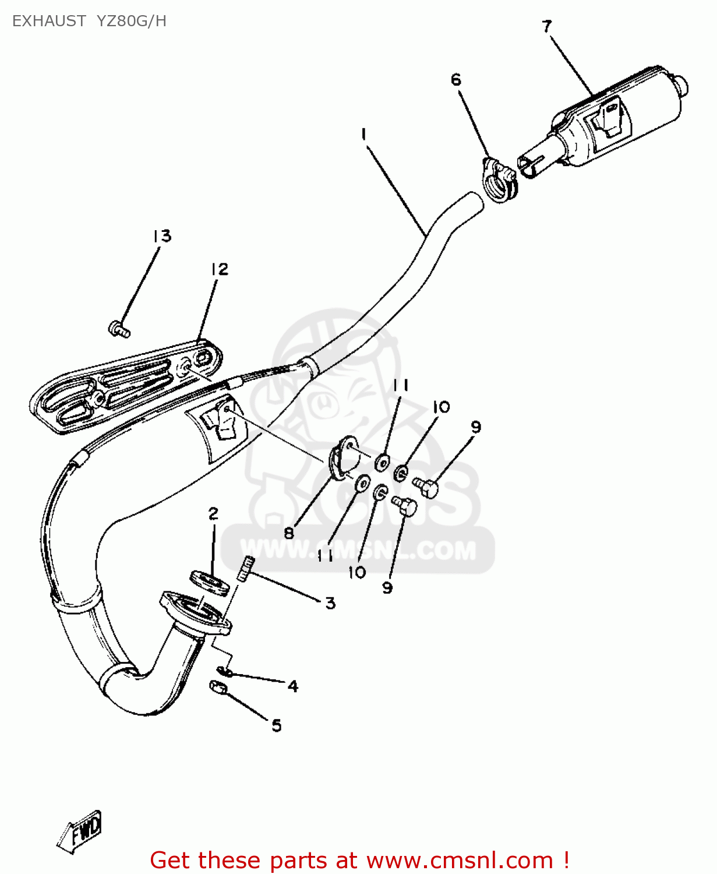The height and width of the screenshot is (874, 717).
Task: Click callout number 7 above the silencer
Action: click(x=546, y=27)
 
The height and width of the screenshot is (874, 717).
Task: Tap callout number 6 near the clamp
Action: click(x=455, y=79)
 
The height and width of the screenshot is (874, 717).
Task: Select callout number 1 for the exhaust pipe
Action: click(x=363, y=135)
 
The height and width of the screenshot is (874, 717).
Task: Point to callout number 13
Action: click(x=162, y=236)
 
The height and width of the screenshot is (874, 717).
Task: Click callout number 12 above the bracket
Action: click(x=220, y=269)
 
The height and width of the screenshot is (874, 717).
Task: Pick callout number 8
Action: click(x=289, y=533)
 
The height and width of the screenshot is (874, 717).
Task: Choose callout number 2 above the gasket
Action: click(x=213, y=514)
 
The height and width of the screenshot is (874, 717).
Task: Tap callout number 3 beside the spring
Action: click(x=330, y=602)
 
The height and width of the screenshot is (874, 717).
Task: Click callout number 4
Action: click(x=293, y=686)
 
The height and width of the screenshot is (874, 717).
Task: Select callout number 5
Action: click(x=277, y=725)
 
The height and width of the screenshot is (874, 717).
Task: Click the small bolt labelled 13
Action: click(x=119, y=329)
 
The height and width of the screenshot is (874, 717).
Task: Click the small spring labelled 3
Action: click(x=246, y=568)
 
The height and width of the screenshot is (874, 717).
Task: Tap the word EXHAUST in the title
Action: click(x=49, y=22)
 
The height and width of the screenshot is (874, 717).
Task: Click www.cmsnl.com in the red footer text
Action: click(x=460, y=860)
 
